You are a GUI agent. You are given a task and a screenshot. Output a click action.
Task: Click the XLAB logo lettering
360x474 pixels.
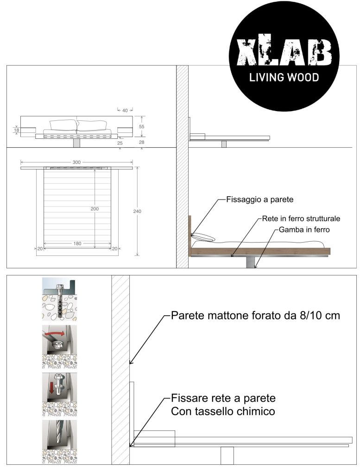tap(284, 52)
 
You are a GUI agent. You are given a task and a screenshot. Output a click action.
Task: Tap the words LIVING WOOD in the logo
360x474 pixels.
tap(284, 77)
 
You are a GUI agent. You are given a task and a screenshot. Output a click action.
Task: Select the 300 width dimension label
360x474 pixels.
tap(76, 162)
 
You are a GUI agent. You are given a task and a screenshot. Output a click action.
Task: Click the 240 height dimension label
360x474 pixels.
tap(137, 211)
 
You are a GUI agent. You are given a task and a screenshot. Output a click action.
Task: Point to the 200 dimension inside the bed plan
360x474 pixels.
tap(95, 209)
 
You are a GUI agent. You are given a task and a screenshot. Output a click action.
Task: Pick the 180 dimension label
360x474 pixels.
tap(77, 243)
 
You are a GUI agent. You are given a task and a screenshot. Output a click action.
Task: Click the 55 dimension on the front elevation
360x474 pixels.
tap(142, 127)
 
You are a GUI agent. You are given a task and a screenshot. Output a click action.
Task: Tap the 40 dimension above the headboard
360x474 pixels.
tap(125, 110)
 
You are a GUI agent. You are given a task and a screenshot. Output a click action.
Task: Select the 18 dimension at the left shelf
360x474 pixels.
tap(16, 130)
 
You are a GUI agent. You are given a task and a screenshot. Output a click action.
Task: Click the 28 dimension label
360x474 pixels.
tap(142, 142)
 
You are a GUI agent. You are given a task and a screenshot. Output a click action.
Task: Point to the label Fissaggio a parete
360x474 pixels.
tap(260, 200)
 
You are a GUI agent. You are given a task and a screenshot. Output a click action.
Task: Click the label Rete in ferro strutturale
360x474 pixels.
tap(301, 218)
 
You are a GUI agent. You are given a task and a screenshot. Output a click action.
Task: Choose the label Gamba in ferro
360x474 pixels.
tap(304, 230)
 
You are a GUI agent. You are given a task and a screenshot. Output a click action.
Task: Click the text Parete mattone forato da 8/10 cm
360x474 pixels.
tap(256, 315)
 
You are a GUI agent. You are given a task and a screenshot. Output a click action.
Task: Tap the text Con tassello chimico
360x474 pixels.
tap(223, 412)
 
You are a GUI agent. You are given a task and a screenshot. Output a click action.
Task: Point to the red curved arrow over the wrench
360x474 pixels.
tap(55, 333)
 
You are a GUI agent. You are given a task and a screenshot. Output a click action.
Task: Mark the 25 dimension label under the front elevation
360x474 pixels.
tap(120, 143)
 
